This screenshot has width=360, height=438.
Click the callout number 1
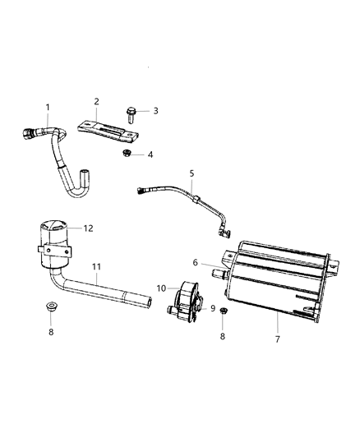tap(48, 108)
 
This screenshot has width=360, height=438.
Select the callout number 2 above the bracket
tap(96, 102)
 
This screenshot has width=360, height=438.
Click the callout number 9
tap(212, 308)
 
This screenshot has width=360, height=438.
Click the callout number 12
tap(87, 228)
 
